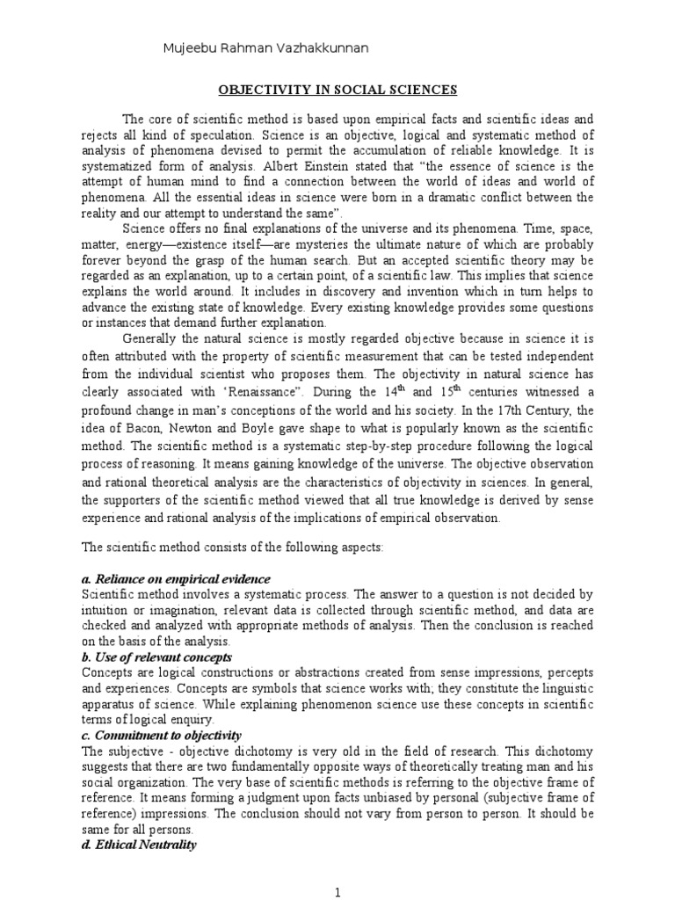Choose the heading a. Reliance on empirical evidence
coord(176,579)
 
